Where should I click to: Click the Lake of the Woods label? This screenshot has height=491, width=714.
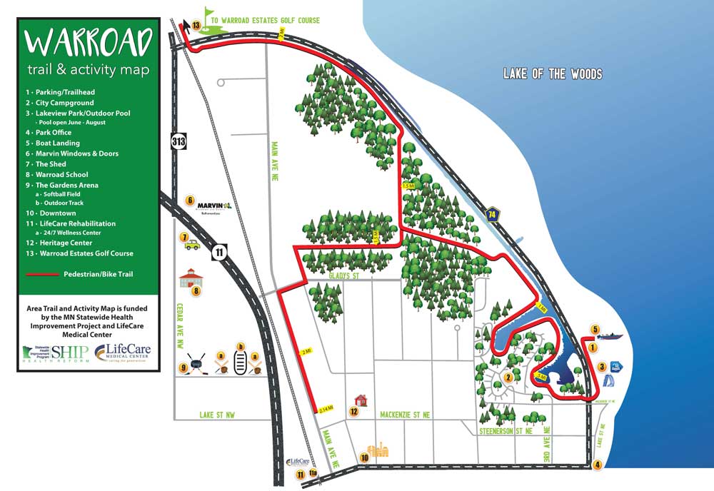[552, 74]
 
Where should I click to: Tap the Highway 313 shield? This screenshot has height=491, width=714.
[178, 141]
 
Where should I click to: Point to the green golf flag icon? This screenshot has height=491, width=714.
[208, 16]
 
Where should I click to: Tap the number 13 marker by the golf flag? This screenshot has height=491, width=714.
[196, 26]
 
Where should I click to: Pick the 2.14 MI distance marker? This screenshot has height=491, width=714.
[327, 409]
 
